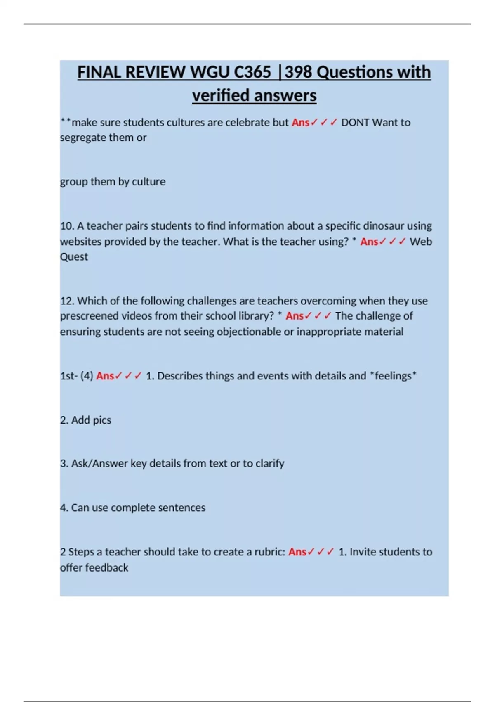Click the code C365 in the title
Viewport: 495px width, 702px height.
252,72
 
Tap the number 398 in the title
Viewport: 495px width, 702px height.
298,72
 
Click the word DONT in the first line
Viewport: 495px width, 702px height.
355,123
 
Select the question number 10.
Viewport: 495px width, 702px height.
67,226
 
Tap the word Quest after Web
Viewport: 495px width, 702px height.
74,257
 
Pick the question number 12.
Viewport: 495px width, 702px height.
67,301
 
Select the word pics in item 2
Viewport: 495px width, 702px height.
102,420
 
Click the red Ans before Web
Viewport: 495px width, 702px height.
369,242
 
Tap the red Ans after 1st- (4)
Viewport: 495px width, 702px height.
105,376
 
